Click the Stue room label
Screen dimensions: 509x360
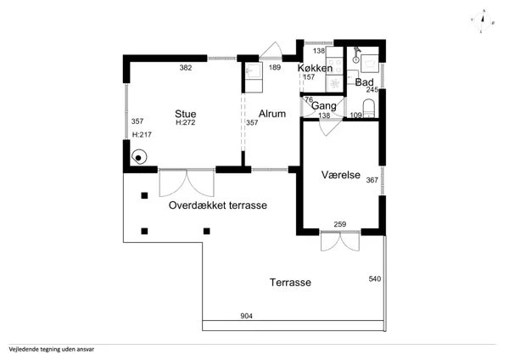tap(185, 114)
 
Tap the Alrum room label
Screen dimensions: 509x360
tap(272, 114)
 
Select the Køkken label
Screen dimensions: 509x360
tap(315, 68)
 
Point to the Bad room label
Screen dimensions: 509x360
tap(364, 82)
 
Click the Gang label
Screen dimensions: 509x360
tap(324, 106)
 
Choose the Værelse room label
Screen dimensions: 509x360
tap(341, 175)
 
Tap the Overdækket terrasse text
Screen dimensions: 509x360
tap(218, 205)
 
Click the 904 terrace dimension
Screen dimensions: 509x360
tap(246, 316)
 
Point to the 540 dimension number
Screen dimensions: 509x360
tap(375, 278)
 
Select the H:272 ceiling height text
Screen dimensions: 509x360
tap(185, 122)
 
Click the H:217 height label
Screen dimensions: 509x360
tap(142, 134)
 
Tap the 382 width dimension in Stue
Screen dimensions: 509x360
tap(186, 68)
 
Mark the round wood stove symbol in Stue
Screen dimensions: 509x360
tap(139, 157)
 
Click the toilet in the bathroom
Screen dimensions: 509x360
tap(369, 108)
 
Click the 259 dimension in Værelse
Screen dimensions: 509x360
tap(340, 224)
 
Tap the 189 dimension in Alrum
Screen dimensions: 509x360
tap(275, 67)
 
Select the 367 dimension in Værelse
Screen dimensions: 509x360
tap(372, 180)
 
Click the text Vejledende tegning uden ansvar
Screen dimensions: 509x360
tap(52, 350)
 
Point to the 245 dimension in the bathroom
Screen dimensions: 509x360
tap(372, 90)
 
